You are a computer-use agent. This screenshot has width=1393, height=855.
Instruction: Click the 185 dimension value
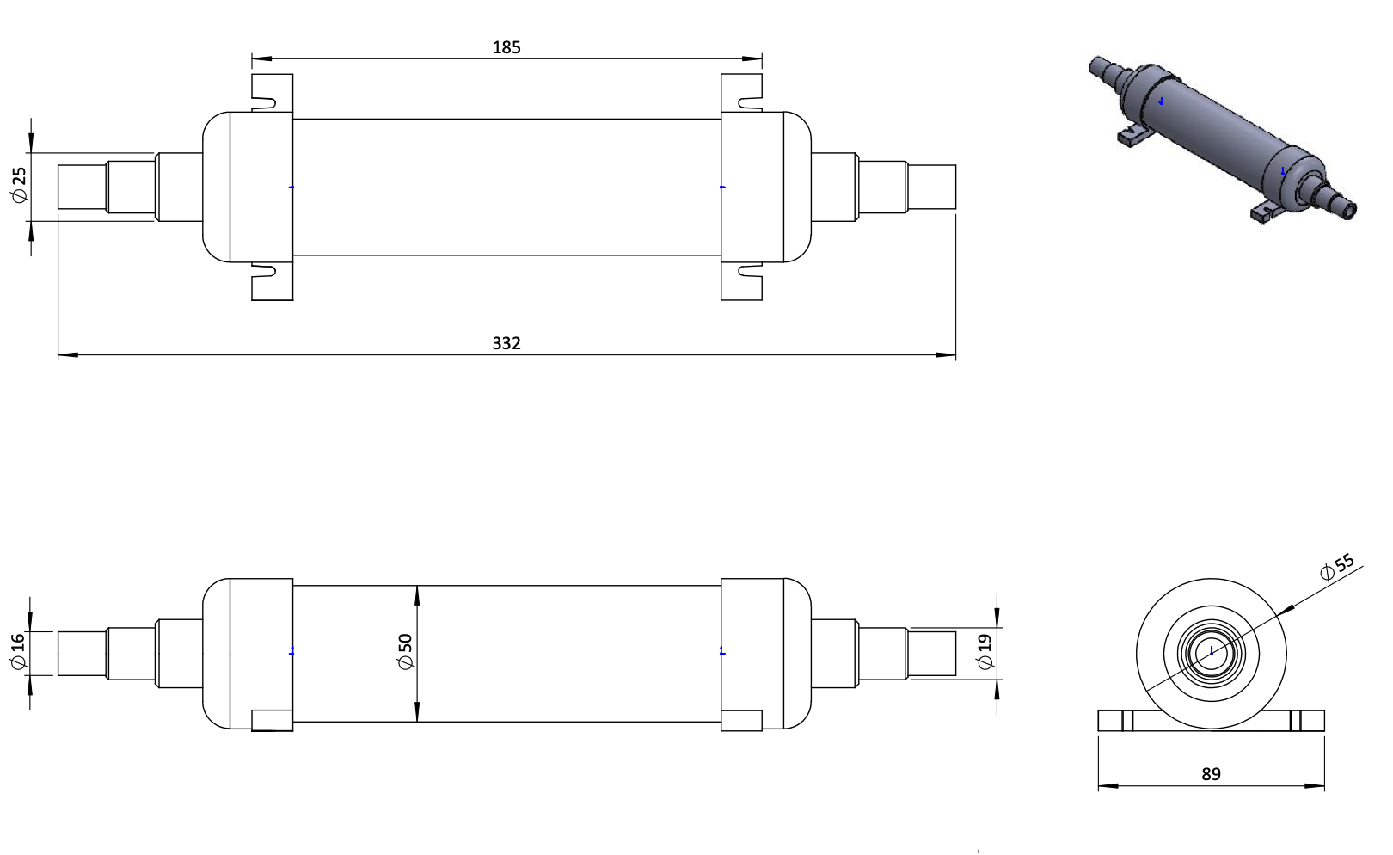click(x=506, y=47)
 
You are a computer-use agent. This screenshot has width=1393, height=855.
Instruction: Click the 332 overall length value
click(x=506, y=343)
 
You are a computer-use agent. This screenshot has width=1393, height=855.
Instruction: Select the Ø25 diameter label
click(x=19, y=185)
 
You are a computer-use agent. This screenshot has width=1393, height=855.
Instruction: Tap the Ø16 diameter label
click(x=18, y=651)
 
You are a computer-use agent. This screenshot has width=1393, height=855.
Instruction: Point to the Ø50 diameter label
click(x=405, y=651)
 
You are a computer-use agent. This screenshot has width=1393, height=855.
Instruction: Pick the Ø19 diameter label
click(x=985, y=651)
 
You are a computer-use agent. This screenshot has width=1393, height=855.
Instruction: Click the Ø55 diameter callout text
click(x=1336, y=567)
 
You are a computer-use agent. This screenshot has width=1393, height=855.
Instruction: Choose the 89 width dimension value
click(x=1211, y=774)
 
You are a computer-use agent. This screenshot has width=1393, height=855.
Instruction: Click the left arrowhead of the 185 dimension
click(x=261, y=58)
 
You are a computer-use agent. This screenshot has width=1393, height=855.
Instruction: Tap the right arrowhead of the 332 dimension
click(x=945, y=355)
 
